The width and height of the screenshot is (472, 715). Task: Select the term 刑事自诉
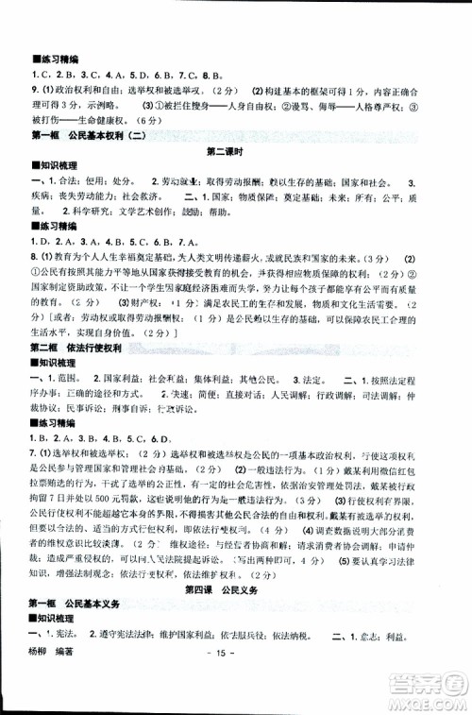(135, 398)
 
